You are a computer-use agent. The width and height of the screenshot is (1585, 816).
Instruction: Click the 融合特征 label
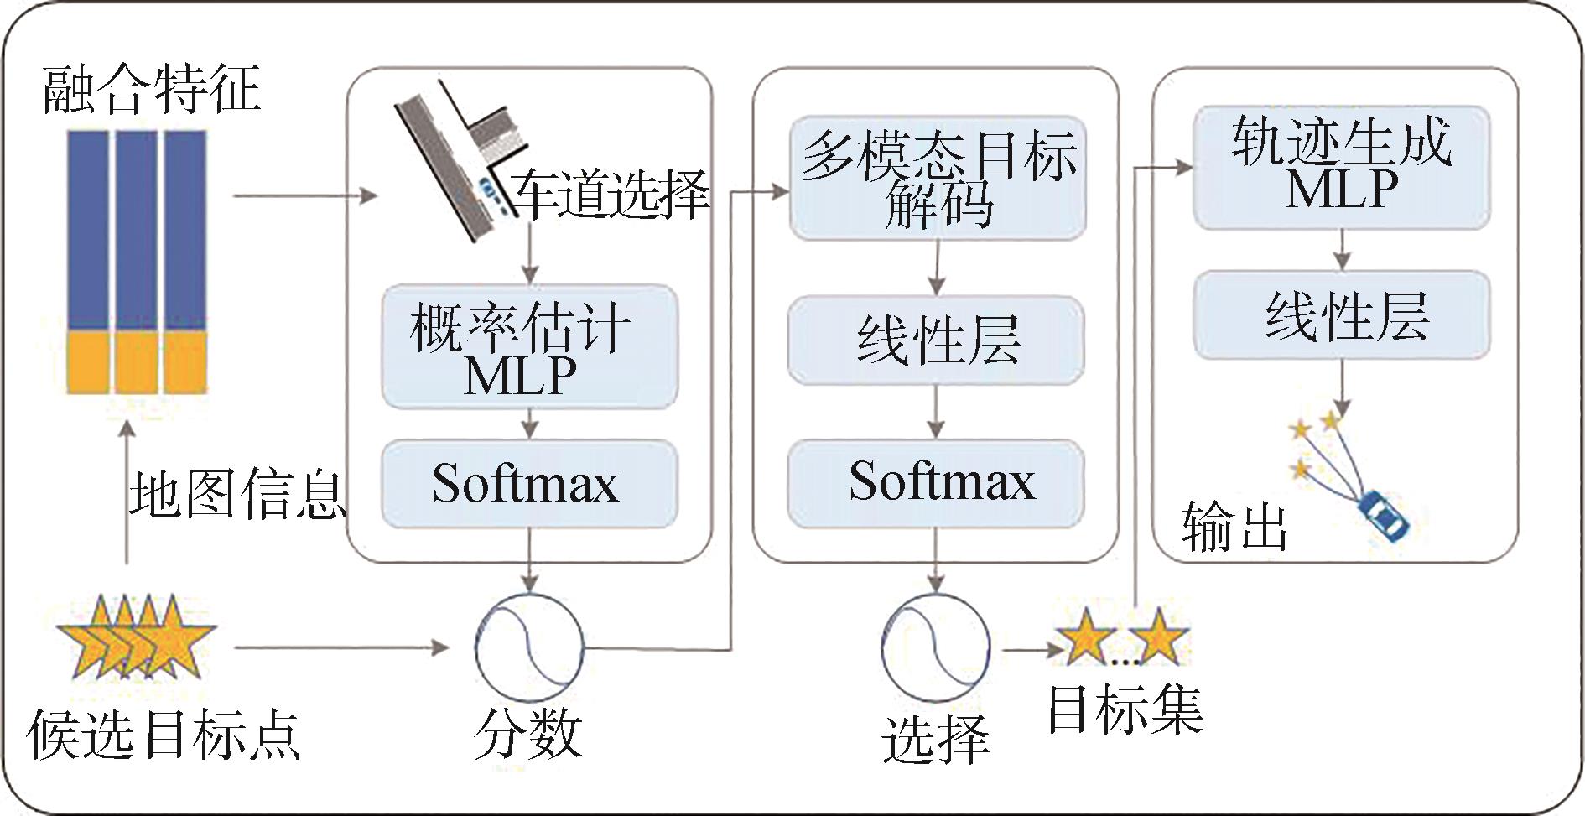[x=151, y=90]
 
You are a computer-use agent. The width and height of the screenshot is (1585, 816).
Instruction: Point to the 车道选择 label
[x=611, y=195]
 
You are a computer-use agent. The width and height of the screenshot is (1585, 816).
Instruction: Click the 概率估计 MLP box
[x=529, y=346]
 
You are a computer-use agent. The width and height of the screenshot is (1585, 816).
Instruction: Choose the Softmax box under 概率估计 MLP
[x=529, y=484]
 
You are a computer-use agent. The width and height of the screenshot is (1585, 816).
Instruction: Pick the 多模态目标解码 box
[x=938, y=178]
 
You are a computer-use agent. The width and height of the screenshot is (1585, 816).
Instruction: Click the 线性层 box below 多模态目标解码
[x=936, y=340]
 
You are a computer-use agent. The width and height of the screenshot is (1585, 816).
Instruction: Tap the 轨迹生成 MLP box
[x=1342, y=167]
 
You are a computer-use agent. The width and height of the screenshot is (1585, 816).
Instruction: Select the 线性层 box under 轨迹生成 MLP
[x=1342, y=315]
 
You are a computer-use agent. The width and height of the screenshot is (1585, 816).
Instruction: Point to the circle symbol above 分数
[x=529, y=648]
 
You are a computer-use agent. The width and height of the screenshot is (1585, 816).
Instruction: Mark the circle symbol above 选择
[x=935, y=648]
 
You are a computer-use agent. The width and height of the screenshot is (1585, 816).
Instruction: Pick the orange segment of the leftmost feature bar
[x=88, y=362]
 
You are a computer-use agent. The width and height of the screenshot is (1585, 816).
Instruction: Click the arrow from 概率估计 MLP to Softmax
[x=529, y=424]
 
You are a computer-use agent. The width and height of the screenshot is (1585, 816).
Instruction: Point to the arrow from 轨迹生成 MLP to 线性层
[x=1343, y=249]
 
